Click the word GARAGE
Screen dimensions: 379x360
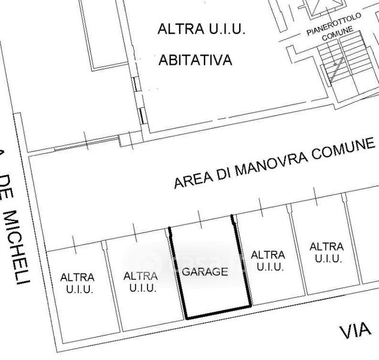(x=205, y=272)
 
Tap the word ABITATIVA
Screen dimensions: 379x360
(x=195, y=60)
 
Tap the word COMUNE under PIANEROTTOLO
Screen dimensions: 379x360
(x=338, y=34)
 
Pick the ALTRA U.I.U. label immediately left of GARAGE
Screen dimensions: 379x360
(x=141, y=282)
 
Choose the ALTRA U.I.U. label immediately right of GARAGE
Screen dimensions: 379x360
(x=269, y=262)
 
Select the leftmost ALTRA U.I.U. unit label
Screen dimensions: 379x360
(x=78, y=283)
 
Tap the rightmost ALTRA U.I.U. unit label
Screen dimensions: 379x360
(x=327, y=253)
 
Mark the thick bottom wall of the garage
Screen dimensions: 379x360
(x=219, y=313)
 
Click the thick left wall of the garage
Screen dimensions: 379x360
(x=178, y=273)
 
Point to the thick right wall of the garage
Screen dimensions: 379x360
(x=242, y=260)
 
